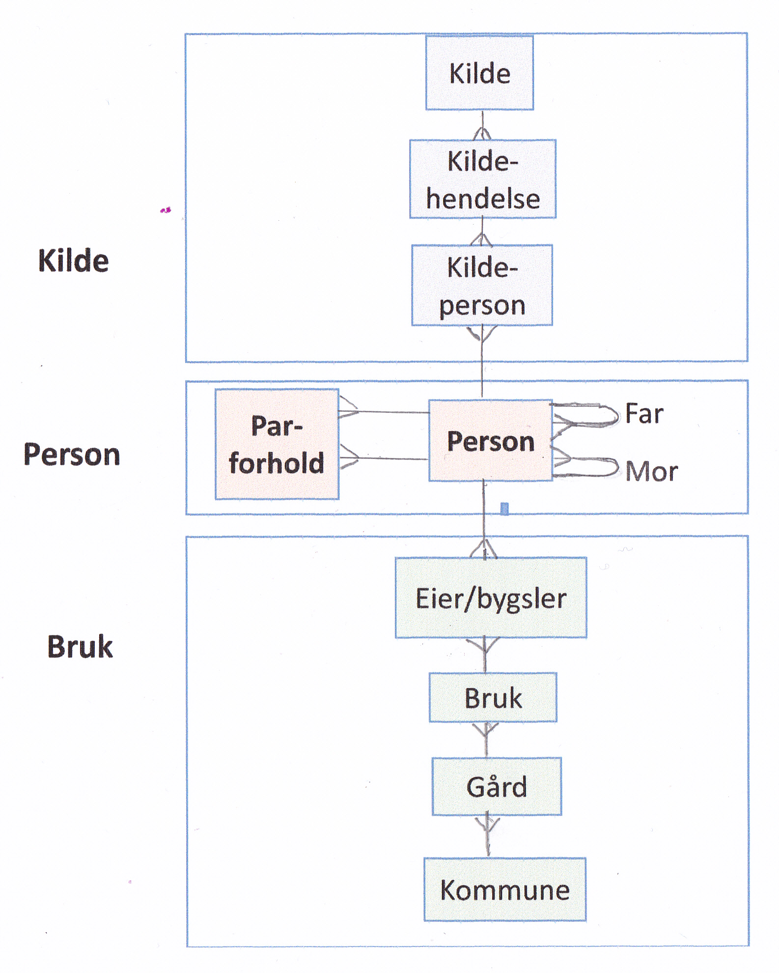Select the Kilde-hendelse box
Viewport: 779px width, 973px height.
(483, 179)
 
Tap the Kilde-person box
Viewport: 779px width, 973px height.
(482, 285)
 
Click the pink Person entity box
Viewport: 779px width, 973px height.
(490, 441)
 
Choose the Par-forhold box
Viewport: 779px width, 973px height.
(277, 444)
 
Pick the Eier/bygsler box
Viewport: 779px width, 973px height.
(491, 598)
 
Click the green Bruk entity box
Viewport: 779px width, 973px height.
(493, 697)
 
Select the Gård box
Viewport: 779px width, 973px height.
(497, 786)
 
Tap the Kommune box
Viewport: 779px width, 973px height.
(505, 889)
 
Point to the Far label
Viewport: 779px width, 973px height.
(644, 413)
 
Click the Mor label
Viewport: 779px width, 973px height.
(651, 471)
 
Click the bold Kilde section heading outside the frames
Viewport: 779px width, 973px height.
(74, 260)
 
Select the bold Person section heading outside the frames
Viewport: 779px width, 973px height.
(72, 454)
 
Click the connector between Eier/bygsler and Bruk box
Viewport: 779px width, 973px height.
(485, 655)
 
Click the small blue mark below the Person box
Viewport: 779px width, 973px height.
(504, 509)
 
